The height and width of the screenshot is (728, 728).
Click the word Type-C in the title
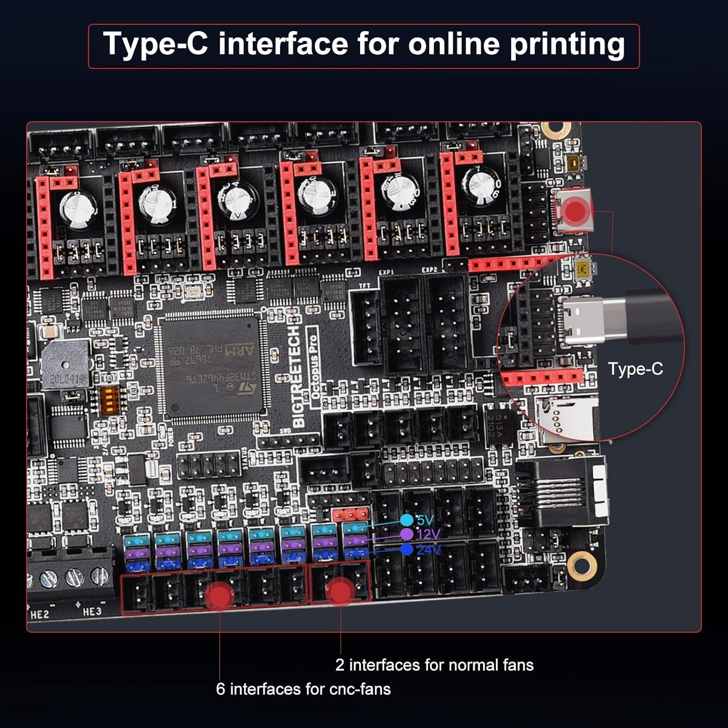pos(155,44)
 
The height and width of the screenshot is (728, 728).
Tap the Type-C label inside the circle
pos(635,369)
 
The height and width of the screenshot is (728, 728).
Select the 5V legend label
pos(425,520)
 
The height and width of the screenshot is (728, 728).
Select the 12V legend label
pos(428,534)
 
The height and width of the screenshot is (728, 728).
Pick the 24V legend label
pos(429,549)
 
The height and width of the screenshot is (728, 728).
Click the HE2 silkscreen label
pos(40,614)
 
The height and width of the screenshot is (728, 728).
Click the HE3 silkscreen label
pos(92,612)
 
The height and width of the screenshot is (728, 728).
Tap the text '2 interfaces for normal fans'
pos(434,665)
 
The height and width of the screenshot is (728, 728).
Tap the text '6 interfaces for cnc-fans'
pos(303,689)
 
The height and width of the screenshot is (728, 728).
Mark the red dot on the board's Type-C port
pos(576,211)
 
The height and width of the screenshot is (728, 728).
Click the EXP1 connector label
pos(386,272)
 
